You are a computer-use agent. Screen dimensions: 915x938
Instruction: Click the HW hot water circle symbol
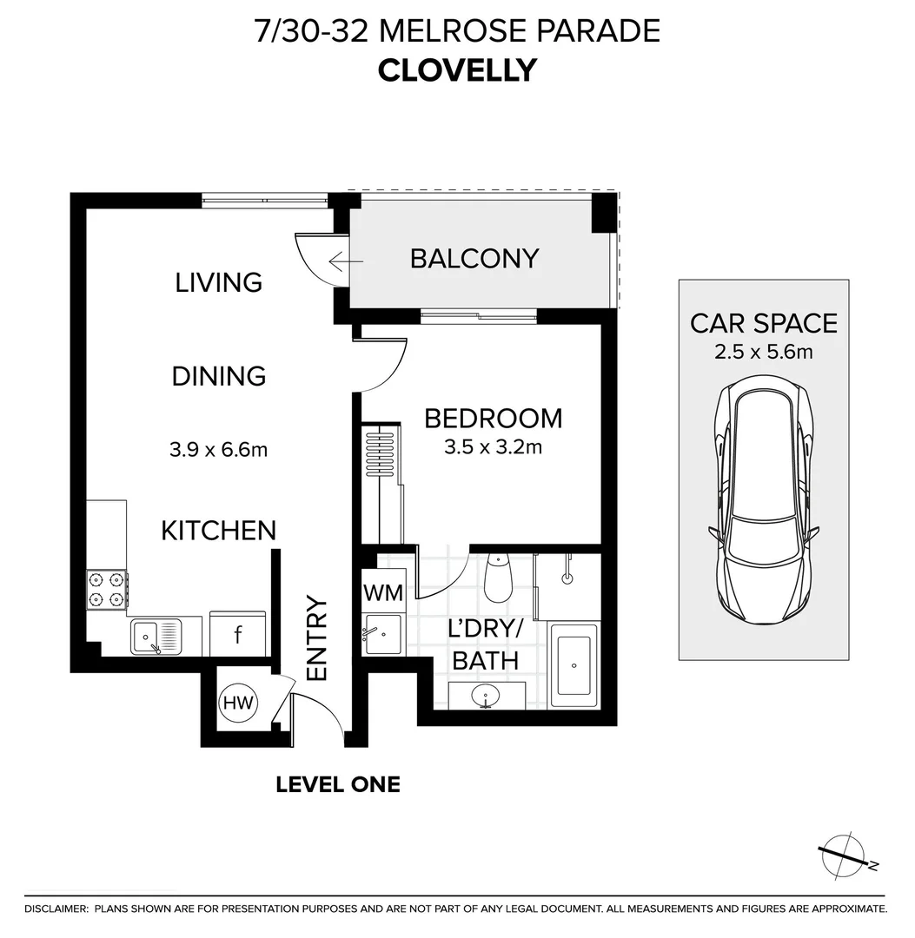tap(238, 703)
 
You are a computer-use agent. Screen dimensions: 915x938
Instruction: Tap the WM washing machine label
tap(383, 593)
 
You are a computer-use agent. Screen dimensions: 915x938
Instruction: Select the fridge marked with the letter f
tap(237, 633)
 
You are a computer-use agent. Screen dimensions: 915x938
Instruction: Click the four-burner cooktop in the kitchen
tap(107, 589)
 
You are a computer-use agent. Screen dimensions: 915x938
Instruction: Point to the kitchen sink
tap(156, 637)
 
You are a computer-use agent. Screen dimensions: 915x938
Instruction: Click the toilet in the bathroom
tap(498, 578)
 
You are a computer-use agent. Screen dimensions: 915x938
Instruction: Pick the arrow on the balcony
tap(346, 262)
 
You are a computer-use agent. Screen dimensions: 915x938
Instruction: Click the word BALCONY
tap(474, 259)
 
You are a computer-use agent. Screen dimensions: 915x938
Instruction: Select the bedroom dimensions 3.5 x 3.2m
tap(493, 447)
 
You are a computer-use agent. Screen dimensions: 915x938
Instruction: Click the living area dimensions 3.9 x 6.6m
tap(218, 449)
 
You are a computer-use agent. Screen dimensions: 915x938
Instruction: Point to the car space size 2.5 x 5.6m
tap(764, 352)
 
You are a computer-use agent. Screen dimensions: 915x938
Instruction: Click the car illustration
tap(764, 500)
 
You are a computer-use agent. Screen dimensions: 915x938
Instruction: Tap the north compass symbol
tap(845, 855)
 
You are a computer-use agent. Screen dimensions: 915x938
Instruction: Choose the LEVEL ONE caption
tap(338, 785)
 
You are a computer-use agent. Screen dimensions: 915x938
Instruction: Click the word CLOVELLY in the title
tap(457, 70)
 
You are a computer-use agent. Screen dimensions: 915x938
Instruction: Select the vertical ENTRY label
tap(317, 637)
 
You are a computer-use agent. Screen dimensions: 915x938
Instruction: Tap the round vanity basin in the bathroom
tap(486, 697)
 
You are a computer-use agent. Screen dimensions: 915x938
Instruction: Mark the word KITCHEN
tap(219, 531)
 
